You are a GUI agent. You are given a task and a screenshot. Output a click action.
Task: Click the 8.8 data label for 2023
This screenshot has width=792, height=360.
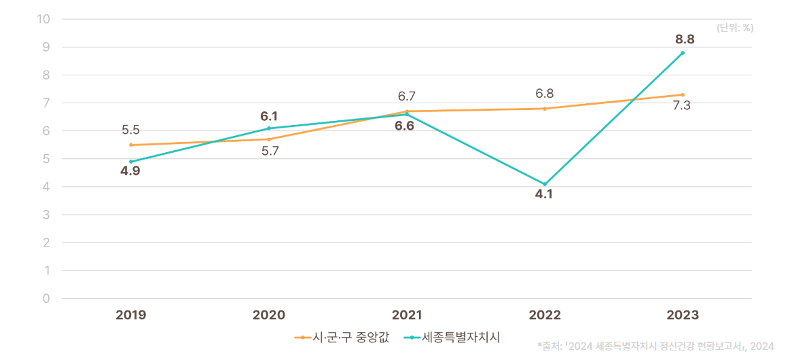[685, 39]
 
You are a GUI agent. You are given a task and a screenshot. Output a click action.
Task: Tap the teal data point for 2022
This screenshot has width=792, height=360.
[545, 184]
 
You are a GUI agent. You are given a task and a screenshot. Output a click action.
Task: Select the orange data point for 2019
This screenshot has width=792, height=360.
[130, 145]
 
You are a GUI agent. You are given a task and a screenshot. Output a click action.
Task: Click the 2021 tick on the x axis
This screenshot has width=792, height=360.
[407, 315]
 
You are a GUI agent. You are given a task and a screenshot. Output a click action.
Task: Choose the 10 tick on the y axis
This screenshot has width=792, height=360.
[44, 19]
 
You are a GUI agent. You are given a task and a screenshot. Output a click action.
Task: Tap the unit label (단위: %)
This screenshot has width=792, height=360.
[735, 28]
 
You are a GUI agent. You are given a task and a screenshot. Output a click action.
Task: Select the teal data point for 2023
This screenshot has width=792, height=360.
[683, 53]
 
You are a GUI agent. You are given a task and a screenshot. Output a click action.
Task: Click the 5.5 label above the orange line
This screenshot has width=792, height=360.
[130, 130]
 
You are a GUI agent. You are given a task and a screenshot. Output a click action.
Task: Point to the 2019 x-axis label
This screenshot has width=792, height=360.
[131, 315]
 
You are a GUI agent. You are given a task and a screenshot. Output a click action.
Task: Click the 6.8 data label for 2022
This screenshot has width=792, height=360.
[545, 94]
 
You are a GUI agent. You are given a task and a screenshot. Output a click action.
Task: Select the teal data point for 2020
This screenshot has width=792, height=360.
[269, 128]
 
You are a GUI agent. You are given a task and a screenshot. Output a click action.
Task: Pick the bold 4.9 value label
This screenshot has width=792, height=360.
[130, 171]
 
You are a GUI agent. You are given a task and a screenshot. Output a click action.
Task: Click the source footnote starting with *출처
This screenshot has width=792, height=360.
[655, 346]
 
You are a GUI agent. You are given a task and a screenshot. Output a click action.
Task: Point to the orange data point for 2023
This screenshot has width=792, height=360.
[683, 94]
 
